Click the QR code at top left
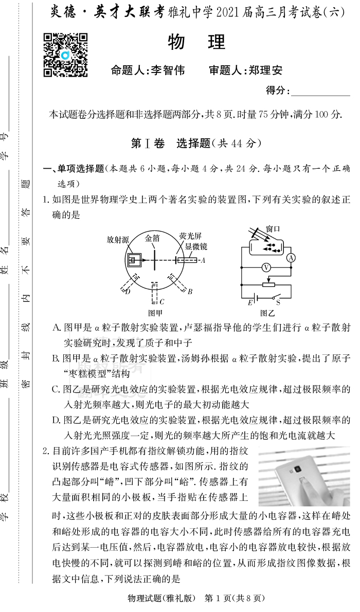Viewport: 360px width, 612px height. [x=65, y=55]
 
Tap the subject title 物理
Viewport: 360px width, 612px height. [x=197, y=43]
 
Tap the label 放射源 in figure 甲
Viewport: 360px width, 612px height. [x=118, y=240]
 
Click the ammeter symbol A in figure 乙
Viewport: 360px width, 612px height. [x=291, y=258]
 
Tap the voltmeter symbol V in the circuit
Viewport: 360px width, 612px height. [x=266, y=267]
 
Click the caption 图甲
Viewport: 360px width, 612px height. [x=155, y=312]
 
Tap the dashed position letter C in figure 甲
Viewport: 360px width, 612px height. [x=161, y=302]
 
